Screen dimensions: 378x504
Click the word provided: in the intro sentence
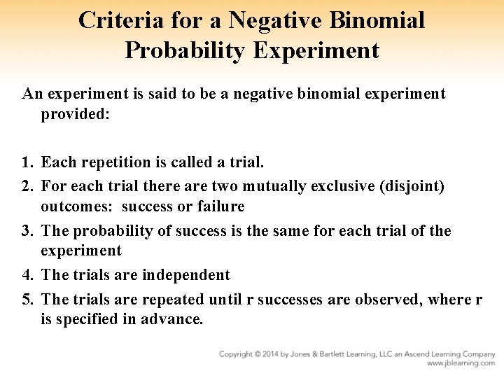click(x=75, y=113)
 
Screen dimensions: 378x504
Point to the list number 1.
click(x=27, y=162)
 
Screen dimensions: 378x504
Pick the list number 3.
click(x=27, y=231)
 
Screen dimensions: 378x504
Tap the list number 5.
click(x=27, y=300)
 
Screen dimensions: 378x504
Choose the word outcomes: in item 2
click(x=77, y=206)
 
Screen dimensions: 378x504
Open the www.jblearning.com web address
click(x=461, y=363)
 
